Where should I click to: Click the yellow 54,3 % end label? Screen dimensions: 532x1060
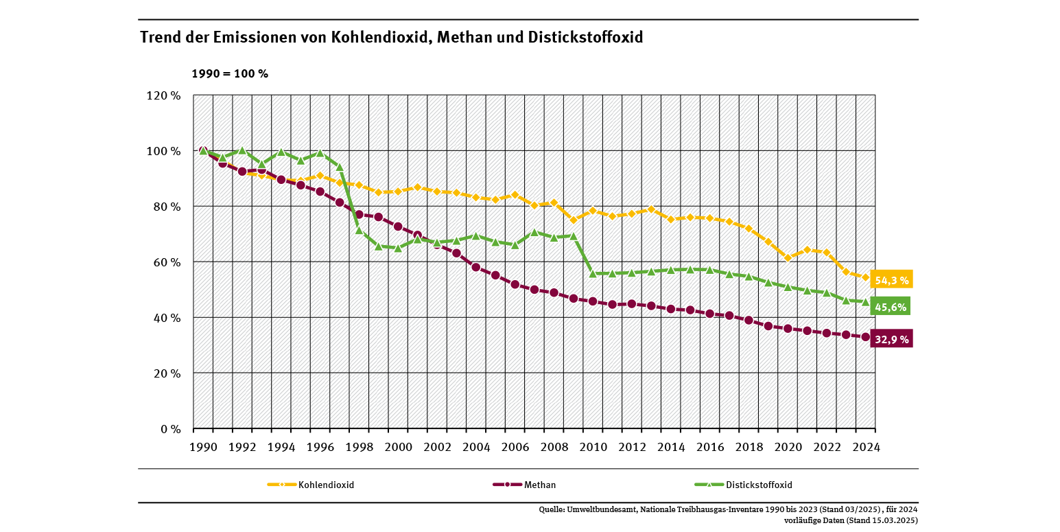click(891, 279)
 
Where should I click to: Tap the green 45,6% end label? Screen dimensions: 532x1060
click(891, 307)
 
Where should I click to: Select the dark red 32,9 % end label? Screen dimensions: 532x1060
click(891, 338)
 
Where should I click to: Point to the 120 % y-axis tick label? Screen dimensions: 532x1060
click(163, 95)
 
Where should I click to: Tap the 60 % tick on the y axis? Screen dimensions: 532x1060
click(166, 262)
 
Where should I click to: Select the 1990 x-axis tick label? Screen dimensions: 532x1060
click(203, 446)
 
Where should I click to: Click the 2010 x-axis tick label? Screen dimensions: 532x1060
click(593, 446)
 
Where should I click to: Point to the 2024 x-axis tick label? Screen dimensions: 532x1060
click(867, 446)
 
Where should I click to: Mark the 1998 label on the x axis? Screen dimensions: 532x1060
click(359, 446)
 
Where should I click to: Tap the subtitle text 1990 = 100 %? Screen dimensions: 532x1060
click(229, 73)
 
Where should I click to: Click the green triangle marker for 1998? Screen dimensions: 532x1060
click(359, 230)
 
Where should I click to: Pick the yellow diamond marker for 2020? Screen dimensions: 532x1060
click(788, 257)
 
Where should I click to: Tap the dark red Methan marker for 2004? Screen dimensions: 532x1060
click(476, 267)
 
